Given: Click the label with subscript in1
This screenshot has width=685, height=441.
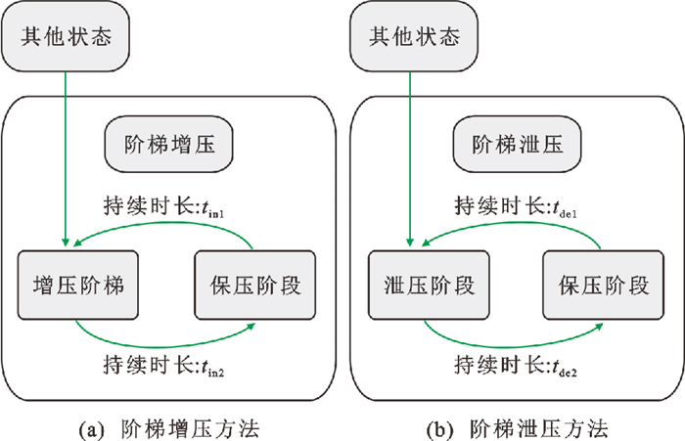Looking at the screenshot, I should pos(167,207).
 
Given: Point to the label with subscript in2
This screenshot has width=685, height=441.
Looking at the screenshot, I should pos(168,366).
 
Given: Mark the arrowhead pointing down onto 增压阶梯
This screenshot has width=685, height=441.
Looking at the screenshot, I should pos(66,243).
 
